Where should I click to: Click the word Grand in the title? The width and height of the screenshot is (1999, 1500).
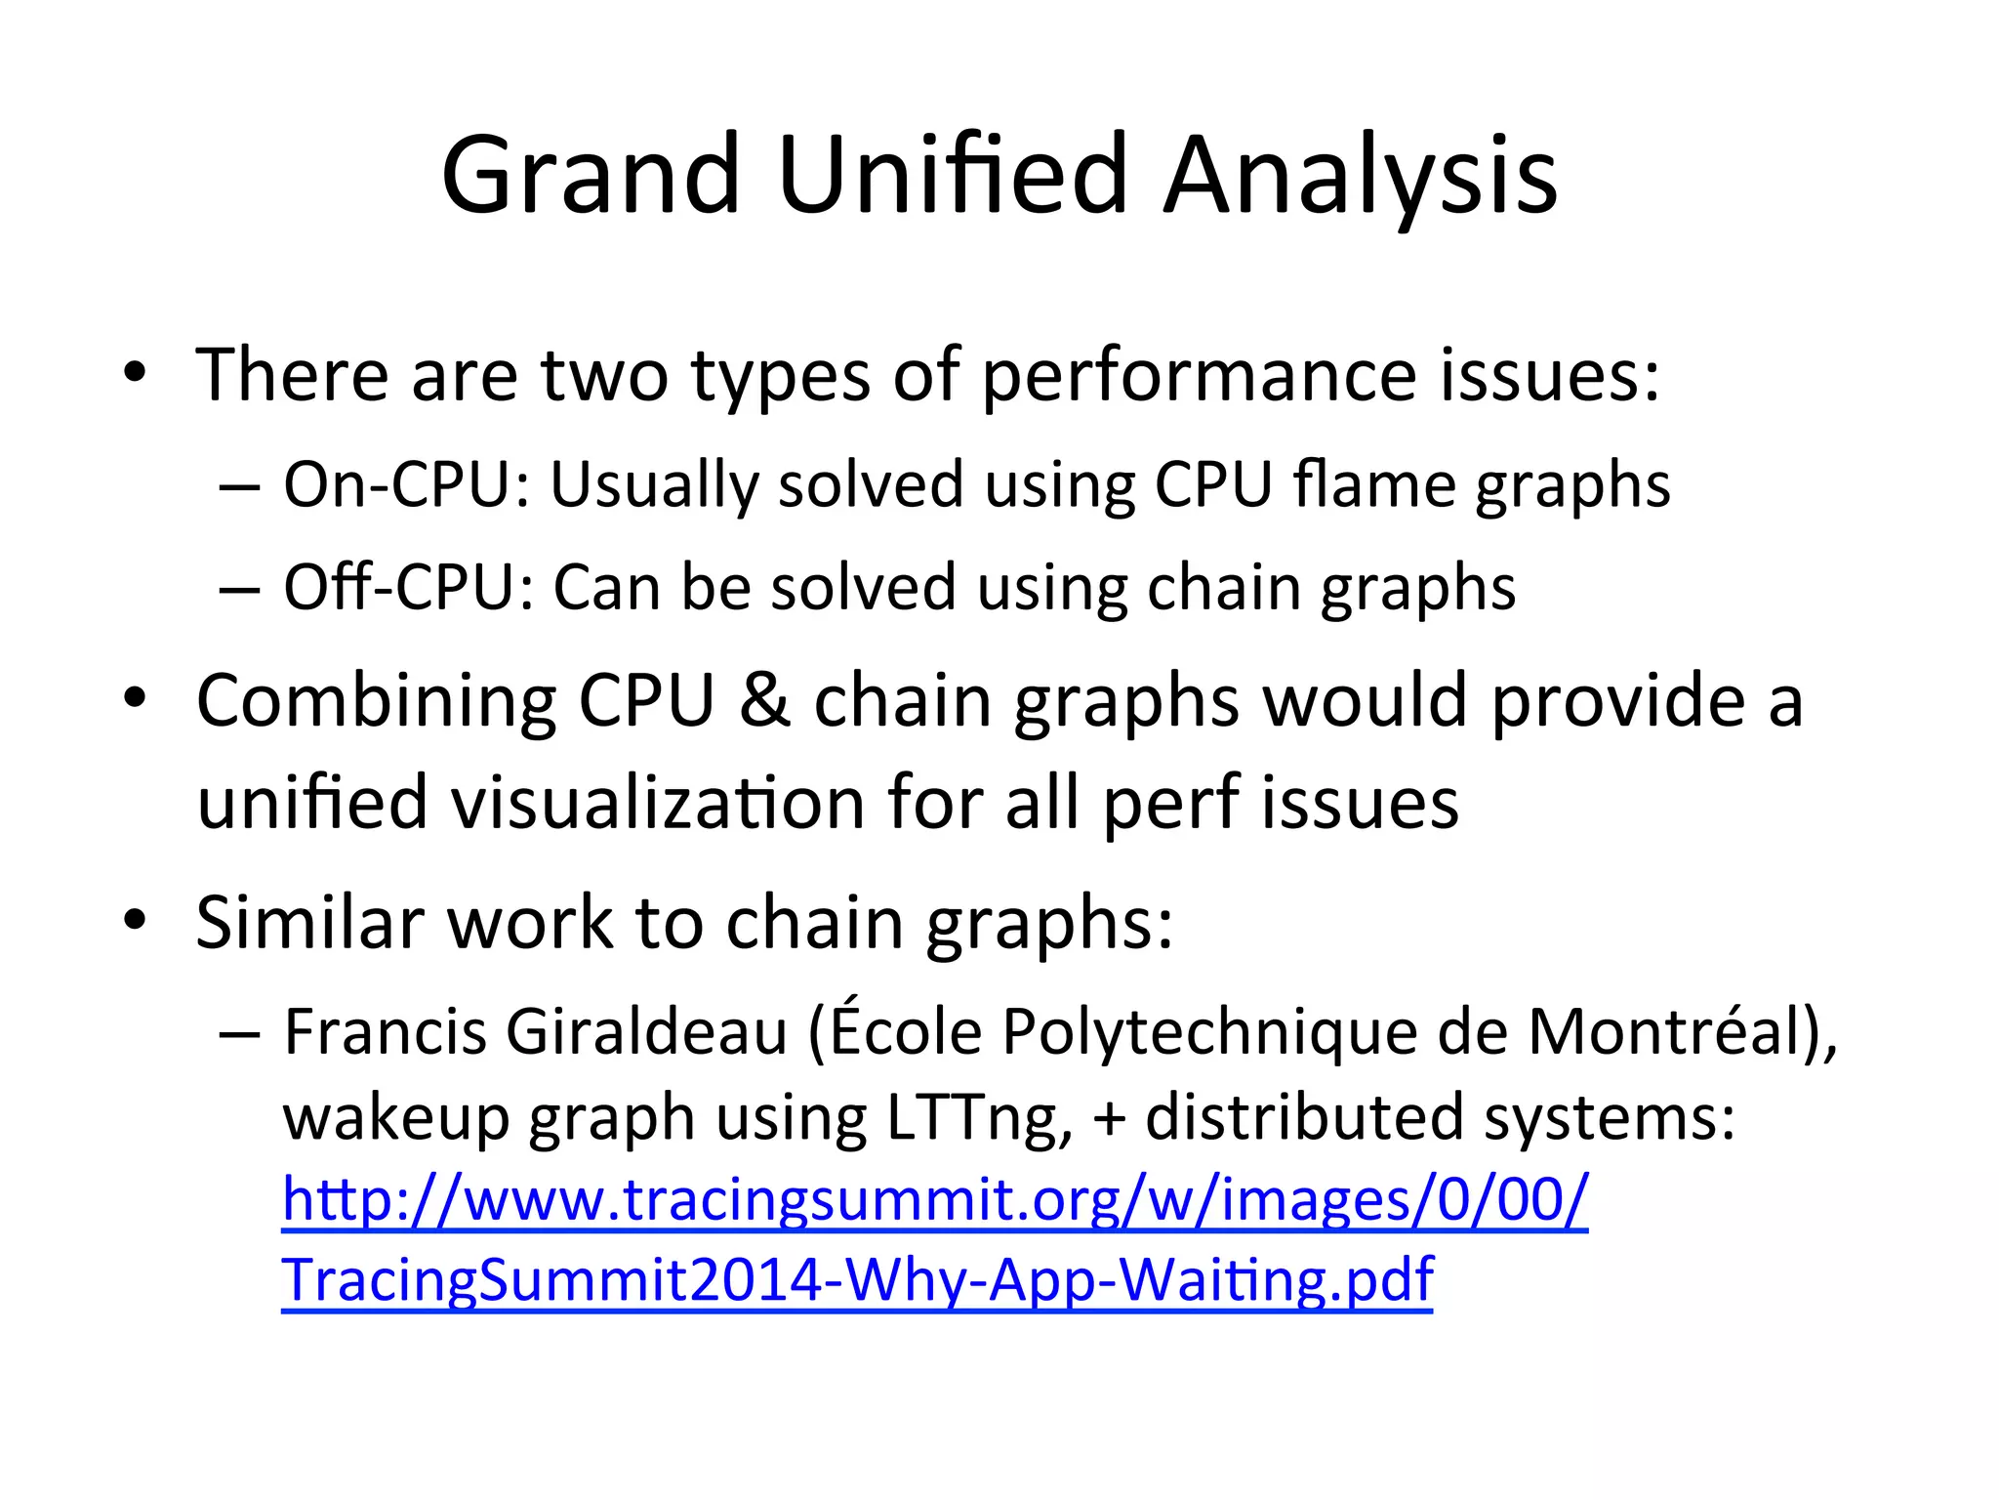591,176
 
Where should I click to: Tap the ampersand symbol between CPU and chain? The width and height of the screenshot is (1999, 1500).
764,701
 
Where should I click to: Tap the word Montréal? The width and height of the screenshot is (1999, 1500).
1670,1032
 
